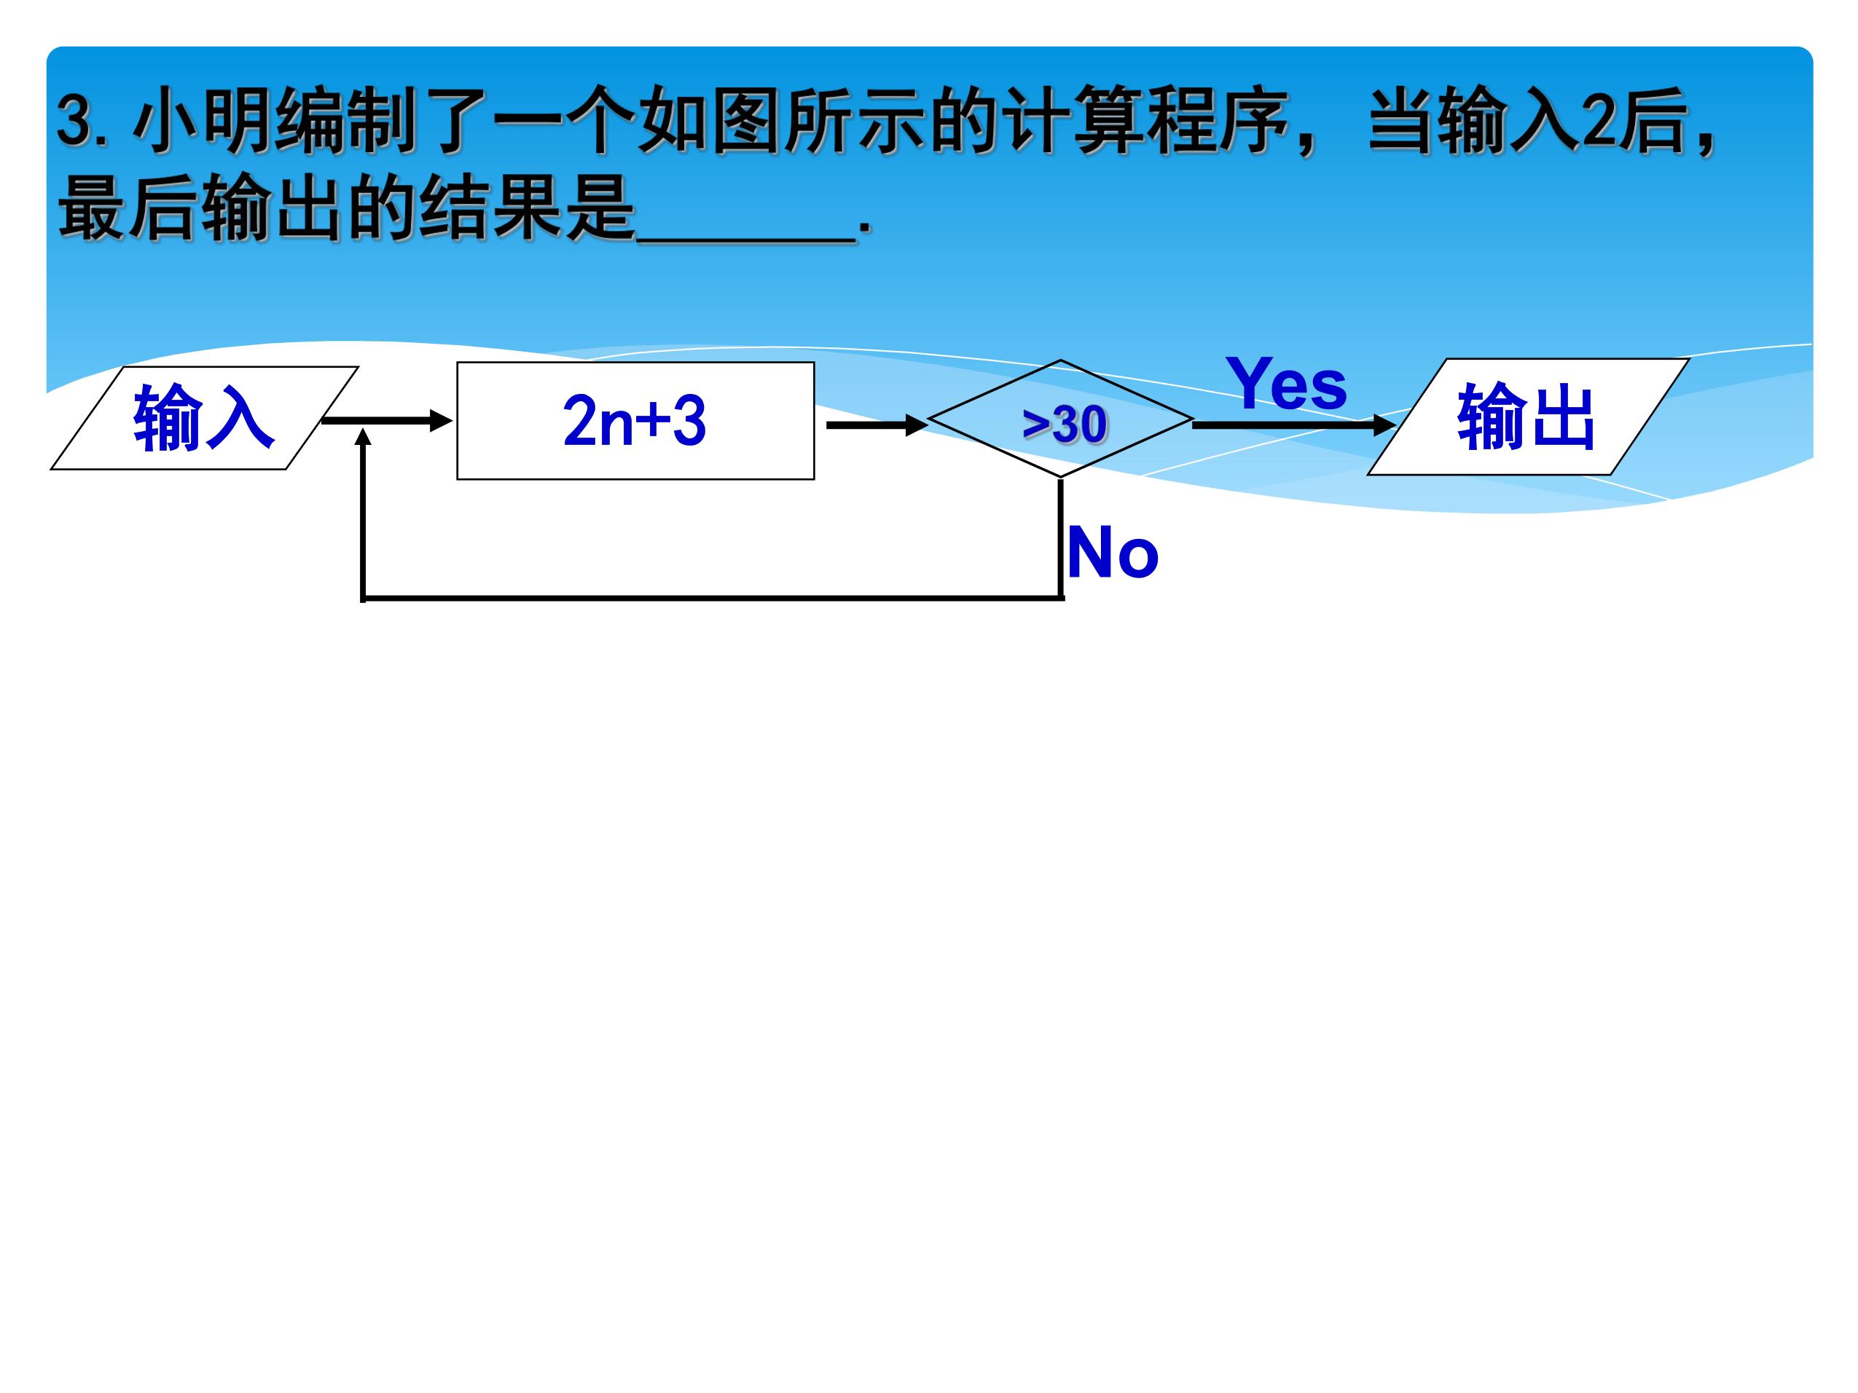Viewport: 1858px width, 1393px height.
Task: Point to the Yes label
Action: (1286, 383)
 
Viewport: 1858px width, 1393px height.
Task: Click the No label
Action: (1113, 552)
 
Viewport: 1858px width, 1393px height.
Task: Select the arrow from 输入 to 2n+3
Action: (387, 421)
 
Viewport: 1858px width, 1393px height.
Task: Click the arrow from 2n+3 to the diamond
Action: (877, 425)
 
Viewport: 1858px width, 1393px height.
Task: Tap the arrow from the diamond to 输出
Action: (1294, 425)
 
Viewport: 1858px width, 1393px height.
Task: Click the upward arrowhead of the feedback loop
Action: (363, 435)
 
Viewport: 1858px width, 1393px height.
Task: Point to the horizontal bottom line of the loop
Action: (713, 599)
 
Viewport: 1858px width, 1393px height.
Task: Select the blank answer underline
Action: (747, 240)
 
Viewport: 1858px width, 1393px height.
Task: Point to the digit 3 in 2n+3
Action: (689, 421)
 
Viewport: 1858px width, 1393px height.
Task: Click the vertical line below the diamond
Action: (1061, 538)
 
